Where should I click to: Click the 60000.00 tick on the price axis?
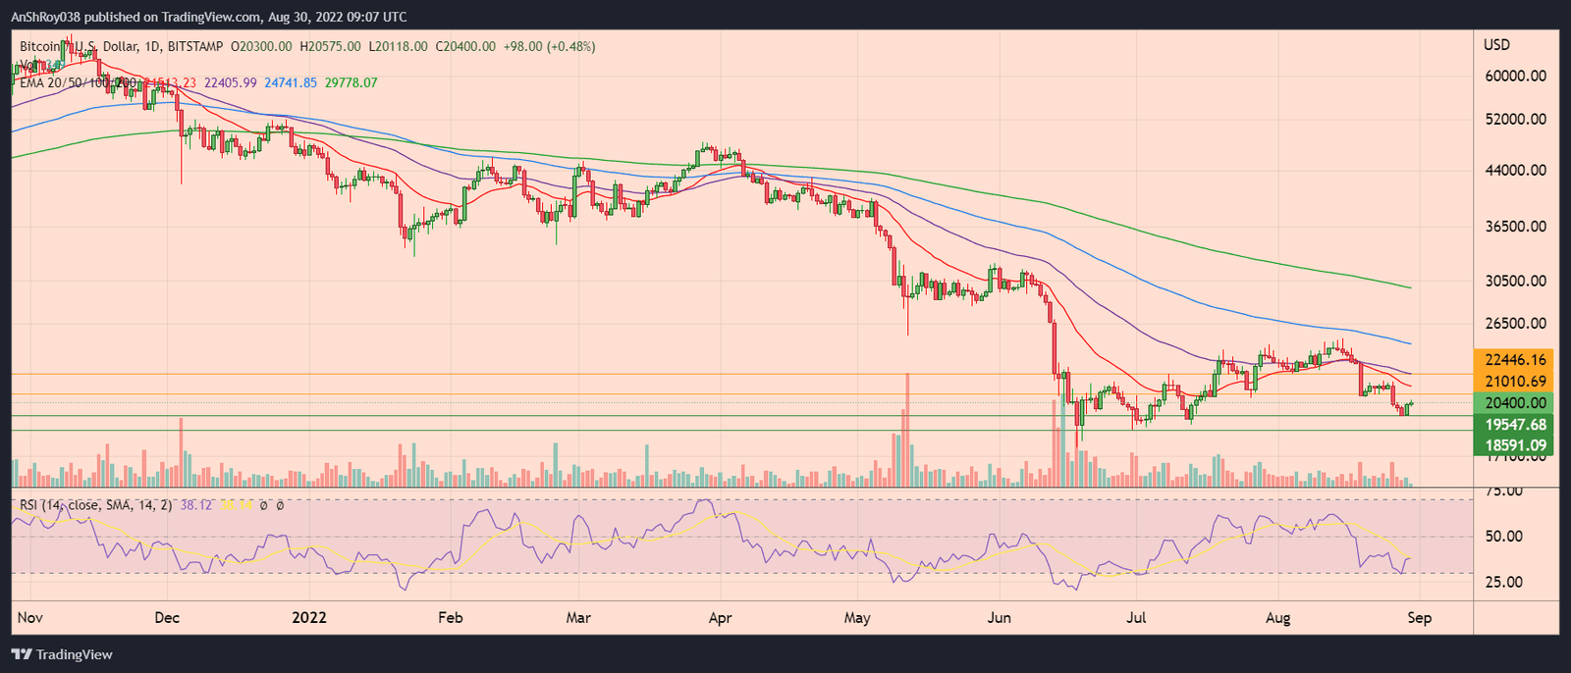point(1515,76)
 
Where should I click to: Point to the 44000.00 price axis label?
point(1515,170)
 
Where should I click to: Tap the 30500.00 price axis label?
point(1515,281)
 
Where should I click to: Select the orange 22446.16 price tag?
point(1515,360)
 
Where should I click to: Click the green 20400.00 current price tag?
point(1515,403)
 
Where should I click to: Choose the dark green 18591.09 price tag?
point(1515,445)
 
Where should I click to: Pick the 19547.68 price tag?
point(1515,425)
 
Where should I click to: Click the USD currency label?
point(1496,45)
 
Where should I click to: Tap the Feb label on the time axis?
point(450,618)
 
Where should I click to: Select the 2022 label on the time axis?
point(309,618)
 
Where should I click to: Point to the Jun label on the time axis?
point(1000,618)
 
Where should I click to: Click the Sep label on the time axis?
point(1419,618)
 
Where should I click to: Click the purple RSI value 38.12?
point(198,505)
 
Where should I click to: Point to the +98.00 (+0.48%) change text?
point(547,46)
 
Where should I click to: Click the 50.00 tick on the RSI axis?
point(1502,537)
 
